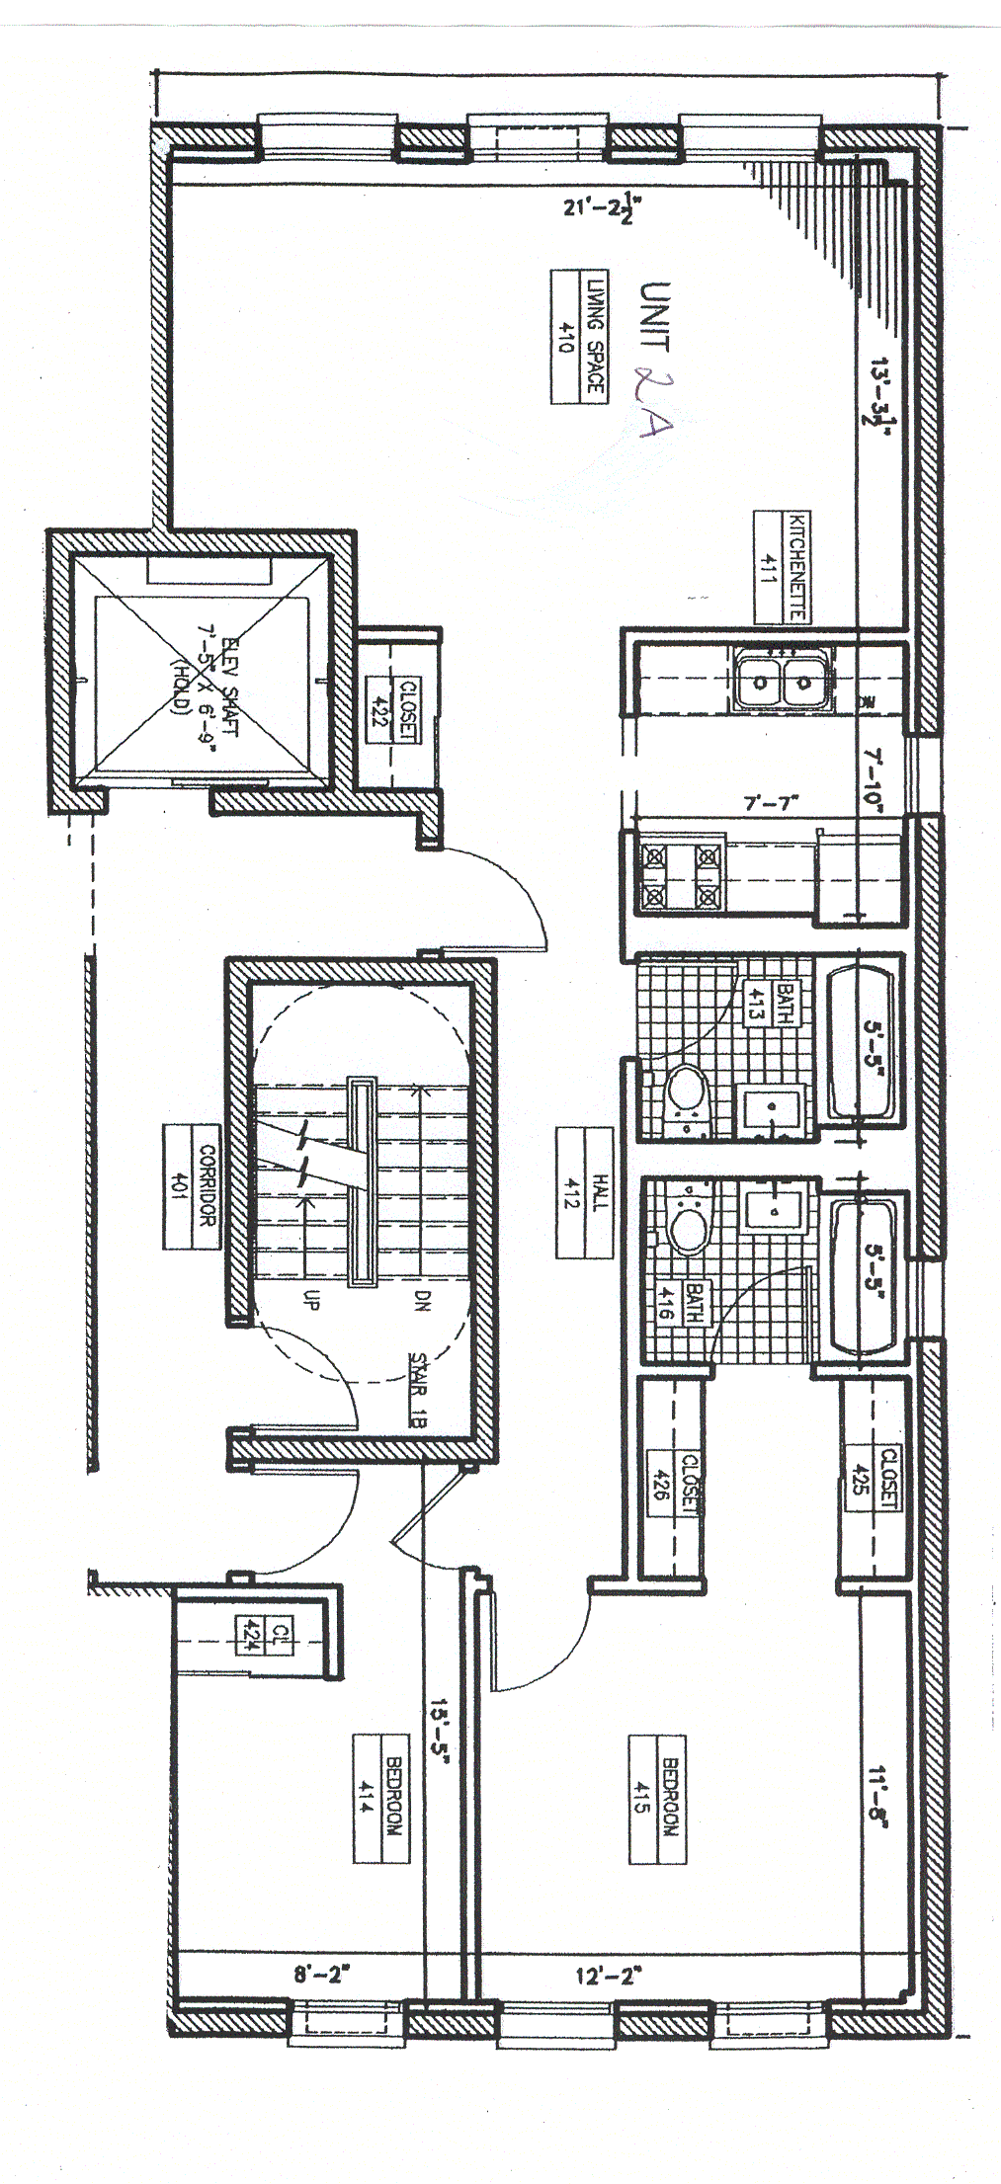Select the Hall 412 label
click(585, 1194)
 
